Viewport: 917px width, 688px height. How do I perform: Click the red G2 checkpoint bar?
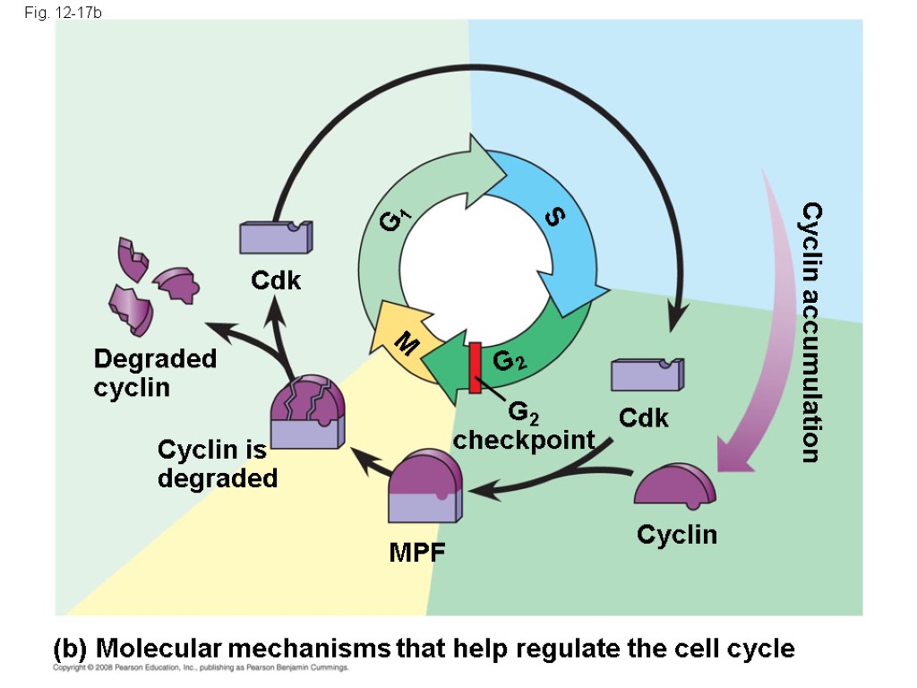click(x=475, y=367)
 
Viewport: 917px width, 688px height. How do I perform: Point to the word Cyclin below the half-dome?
click(x=676, y=535)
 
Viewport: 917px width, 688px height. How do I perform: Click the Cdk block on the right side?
click(x=647, y=374)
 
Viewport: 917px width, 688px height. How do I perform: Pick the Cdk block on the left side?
click(x=275, y=236)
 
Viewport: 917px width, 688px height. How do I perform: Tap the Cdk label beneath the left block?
click(x=276, y=281)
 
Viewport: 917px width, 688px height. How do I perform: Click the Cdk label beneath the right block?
click(x=643, y=418)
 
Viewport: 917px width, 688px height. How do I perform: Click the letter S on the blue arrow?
click(x=554, y=218)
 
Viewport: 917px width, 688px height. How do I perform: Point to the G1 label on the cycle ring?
click(x=395, y=219)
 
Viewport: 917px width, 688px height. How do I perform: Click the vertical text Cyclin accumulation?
click(x=810, y=331)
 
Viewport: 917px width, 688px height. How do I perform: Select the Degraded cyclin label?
click(x=155, y=373)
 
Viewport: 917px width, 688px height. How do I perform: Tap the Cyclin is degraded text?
click(x=217, y=463)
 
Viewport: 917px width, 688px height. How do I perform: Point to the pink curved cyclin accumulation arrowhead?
click(x=736, y=454)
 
